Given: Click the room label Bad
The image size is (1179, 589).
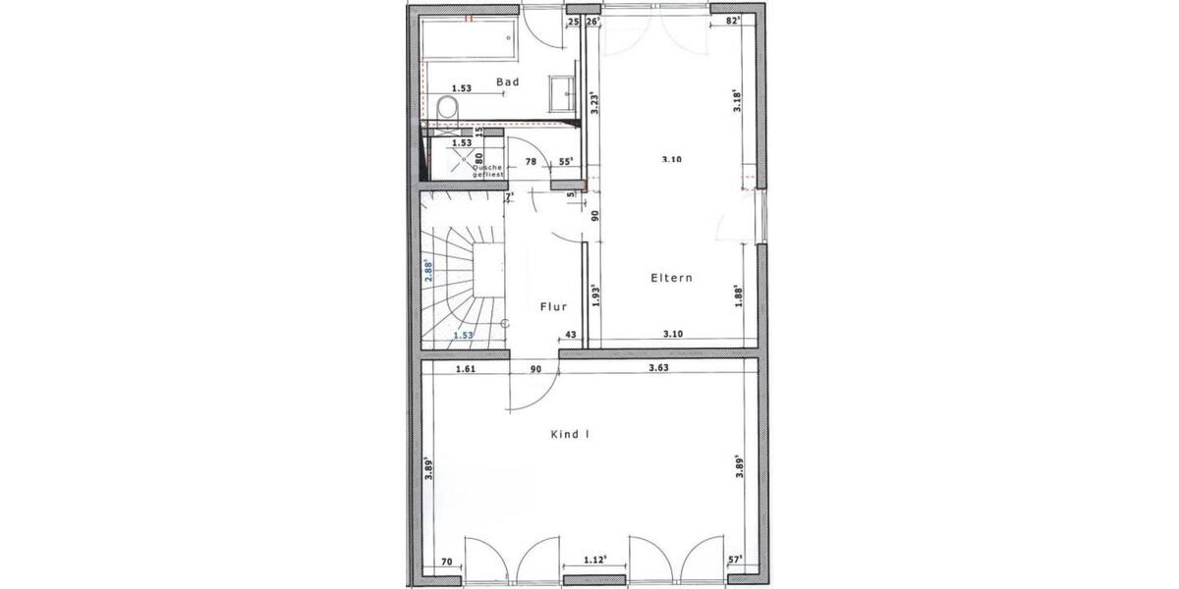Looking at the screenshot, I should click(508, 82).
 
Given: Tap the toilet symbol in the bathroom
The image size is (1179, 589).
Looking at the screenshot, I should click(447, 107).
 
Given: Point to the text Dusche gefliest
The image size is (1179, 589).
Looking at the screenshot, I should click(487, 170).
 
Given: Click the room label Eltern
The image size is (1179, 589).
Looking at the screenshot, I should click(671, 278).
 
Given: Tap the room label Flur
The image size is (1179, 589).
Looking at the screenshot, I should click(554, 307).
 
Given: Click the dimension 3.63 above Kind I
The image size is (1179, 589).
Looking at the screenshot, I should click(659, 369).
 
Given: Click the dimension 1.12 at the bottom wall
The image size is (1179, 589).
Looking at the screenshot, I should click(592, 560).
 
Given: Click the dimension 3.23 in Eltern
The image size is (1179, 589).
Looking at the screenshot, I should click(592, 104).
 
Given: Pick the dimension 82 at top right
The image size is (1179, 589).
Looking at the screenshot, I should click(731, 20).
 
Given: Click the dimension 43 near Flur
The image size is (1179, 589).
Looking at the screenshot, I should click(569, 335).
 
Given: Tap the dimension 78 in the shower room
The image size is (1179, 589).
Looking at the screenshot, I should click(530, 161).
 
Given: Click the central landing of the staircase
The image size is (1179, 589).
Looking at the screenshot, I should click(488, 267).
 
